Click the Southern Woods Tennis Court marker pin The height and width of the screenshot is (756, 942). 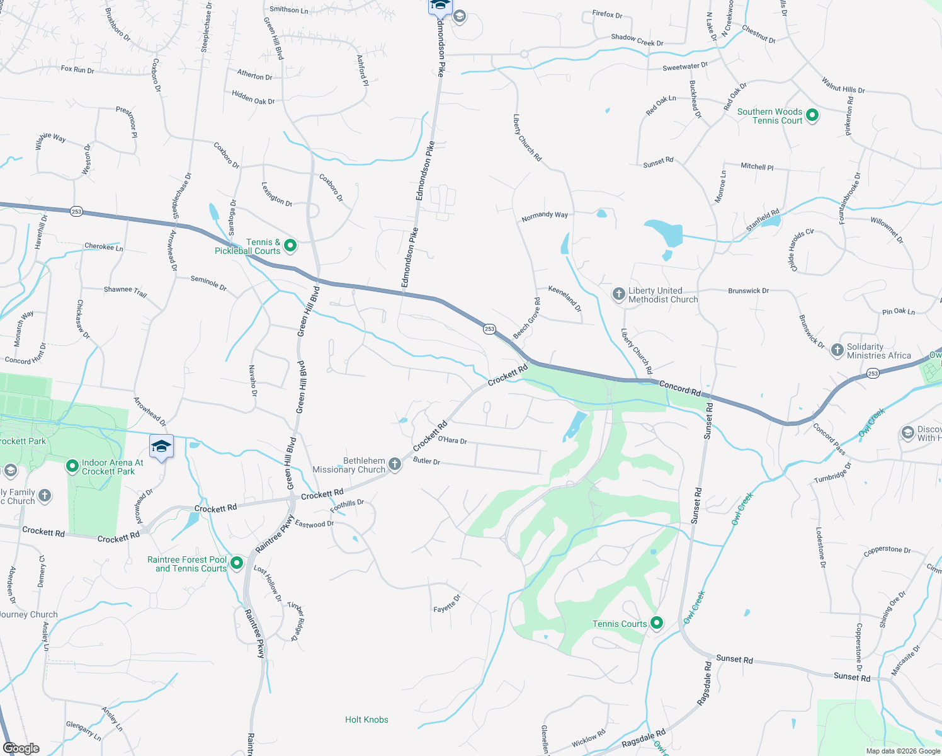click(x=812, y=115)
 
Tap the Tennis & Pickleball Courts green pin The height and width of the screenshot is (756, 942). click(x=290, y=246)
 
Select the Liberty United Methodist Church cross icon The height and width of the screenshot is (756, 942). click(x=619, y=294)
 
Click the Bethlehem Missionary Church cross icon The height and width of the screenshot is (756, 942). click(x=395, y=465)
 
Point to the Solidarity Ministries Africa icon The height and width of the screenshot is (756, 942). click(x=837, y=350)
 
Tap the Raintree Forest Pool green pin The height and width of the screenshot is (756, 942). click(x=237, y=563)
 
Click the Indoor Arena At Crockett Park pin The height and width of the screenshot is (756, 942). click(x=72, y=466)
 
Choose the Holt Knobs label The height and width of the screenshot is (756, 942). click(x=366, y=719)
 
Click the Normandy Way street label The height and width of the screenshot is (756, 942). click(x=545, y=216)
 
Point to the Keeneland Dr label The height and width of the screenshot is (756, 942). click(x=565, y=299)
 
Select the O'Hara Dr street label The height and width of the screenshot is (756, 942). click(x=452, y=440)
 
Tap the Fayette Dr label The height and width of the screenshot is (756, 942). click(x=447, y=604)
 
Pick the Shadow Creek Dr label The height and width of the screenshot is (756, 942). click(x=637, y=40)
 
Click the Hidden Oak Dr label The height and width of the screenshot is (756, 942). click(x=253, y=97)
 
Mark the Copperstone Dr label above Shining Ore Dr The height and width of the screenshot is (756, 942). click(x=887, y=550)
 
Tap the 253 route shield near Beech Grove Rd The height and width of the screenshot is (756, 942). click(x=490, y=329)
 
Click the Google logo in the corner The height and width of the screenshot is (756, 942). click(x=21, y=748)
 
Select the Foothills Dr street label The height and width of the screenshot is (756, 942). click(x=347, y=505)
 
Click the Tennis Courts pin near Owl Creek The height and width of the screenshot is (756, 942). click(x=657, y=623)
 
